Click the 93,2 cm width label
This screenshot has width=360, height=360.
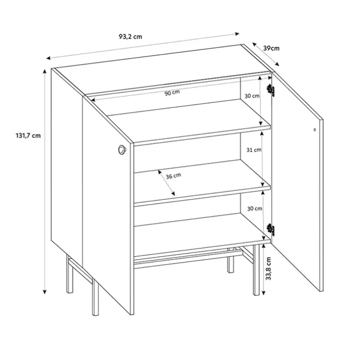[130, 36]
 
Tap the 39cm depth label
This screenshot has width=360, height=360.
[271, 48]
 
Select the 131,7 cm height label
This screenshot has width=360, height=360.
[28, 135]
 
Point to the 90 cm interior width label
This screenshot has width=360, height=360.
[172, 93]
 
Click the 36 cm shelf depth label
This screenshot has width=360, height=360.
[173, 176]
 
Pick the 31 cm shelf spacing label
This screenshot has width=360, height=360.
[254, 150]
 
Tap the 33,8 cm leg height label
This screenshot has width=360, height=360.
[268, 268]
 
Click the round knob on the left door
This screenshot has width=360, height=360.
[122, 149]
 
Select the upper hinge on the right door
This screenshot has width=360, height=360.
[270, 90]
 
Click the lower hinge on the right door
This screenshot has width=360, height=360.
[270, 229]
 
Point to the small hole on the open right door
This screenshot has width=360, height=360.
[314, 129]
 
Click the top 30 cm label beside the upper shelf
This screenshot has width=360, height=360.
[252, 96]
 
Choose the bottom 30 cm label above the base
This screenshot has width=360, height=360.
[254, 208]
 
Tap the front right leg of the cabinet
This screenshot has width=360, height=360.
[256, 270]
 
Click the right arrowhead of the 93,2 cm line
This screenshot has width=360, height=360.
[237, 34]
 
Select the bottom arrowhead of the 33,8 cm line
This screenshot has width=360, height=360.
[263, 292]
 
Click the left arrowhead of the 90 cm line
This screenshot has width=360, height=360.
[93, 100]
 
